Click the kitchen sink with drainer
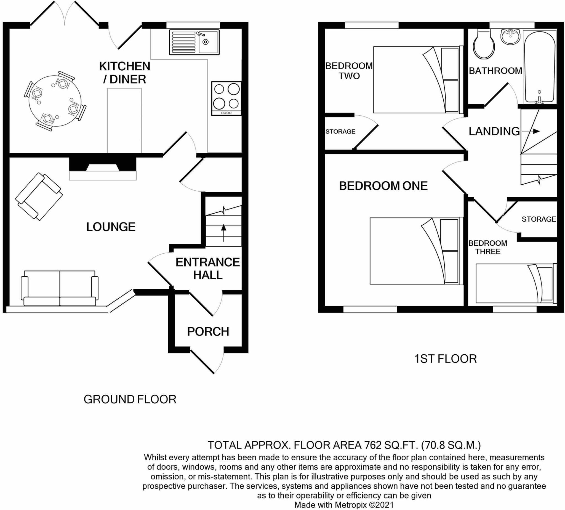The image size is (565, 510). [194, 42]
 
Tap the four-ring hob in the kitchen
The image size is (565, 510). [226, 98]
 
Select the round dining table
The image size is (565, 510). [55, 101]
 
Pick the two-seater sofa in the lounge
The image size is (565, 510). [60, 289]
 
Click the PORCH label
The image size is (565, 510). [208, 331]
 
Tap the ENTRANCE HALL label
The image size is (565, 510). [207, 269]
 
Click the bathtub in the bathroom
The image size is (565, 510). [539, 67]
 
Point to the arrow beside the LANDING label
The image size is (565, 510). [531, 131]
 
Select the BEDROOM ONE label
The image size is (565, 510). [383, 186]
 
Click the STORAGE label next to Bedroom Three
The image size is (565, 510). [539, 219]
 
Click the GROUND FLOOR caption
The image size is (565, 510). [130, 399]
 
